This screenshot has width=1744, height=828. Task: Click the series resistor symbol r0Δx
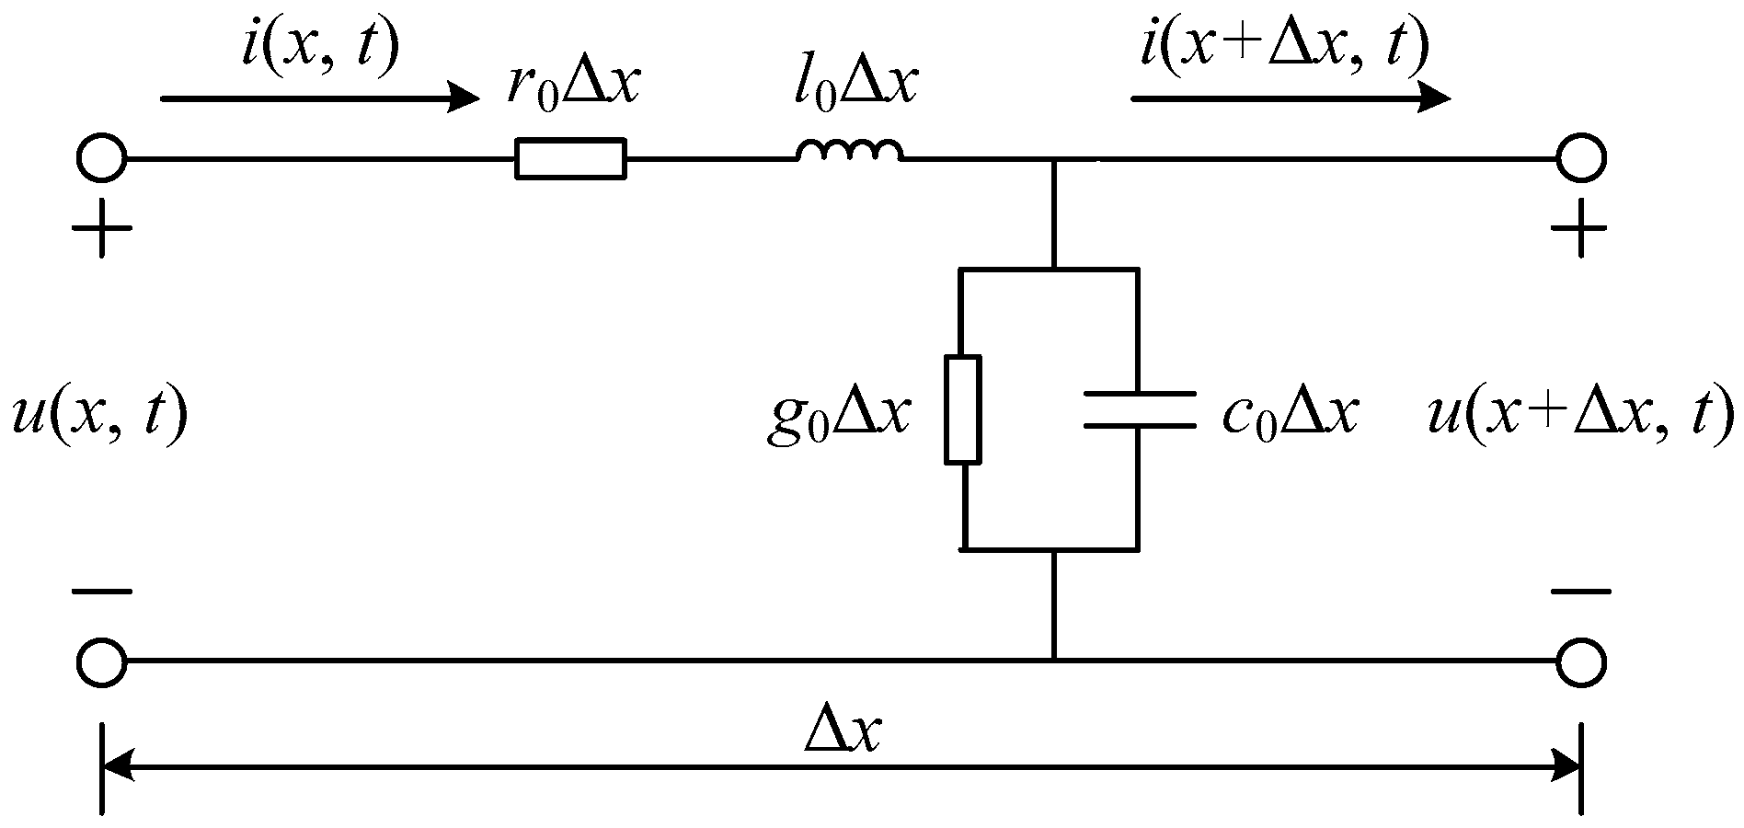point(570,158)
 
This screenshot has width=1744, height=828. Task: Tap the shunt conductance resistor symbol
point(963,408)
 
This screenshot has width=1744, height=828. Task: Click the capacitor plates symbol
point(1139,409)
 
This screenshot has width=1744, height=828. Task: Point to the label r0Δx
point(572,87)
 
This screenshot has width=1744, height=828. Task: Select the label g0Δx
point(837,417)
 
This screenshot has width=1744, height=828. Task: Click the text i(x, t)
point(320,46)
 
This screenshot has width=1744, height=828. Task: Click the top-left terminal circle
point(101,158)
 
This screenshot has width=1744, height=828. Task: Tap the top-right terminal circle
point(1580,158)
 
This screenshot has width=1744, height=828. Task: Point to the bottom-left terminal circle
point(101,661)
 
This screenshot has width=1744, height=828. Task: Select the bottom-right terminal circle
point(1580,661)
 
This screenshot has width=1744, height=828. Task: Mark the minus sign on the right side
point(1580,592)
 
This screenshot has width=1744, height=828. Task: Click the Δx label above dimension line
point(843,731)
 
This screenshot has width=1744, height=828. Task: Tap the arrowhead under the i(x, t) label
point(463,97)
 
